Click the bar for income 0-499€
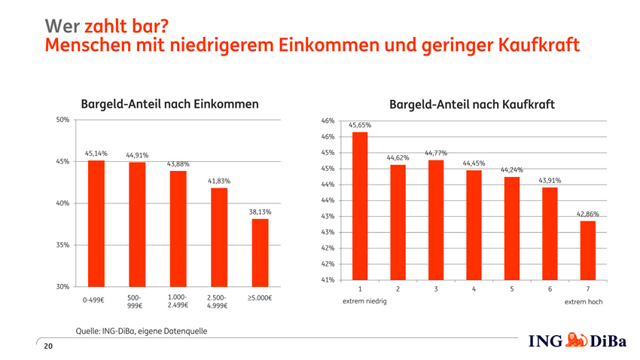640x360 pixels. click(96, 224)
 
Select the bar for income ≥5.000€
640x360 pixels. click(260, 252)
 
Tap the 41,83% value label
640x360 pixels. click(219, 181)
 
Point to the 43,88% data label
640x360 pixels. click(178, 164)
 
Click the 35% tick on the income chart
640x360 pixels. click(62, 245)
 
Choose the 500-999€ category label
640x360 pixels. click(134, 302)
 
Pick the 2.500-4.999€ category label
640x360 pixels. click(217, 302)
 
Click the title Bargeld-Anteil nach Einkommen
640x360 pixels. click(170, 104)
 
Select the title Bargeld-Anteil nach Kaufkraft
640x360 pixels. click(472, 105)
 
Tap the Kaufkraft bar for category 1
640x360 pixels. click(360, 206)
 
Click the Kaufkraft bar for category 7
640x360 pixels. click(588, 251)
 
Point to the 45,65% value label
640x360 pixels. click(360, 125)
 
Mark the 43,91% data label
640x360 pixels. click(550, 181)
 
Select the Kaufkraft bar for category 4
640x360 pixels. click(474, 225)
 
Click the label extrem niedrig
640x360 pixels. click(364, 301)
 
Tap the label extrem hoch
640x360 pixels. click(584, 302)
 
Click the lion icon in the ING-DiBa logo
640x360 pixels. click(576, 340)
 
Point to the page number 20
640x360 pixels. click(48, 346)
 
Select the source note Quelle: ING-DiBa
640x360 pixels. click(142, 331)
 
